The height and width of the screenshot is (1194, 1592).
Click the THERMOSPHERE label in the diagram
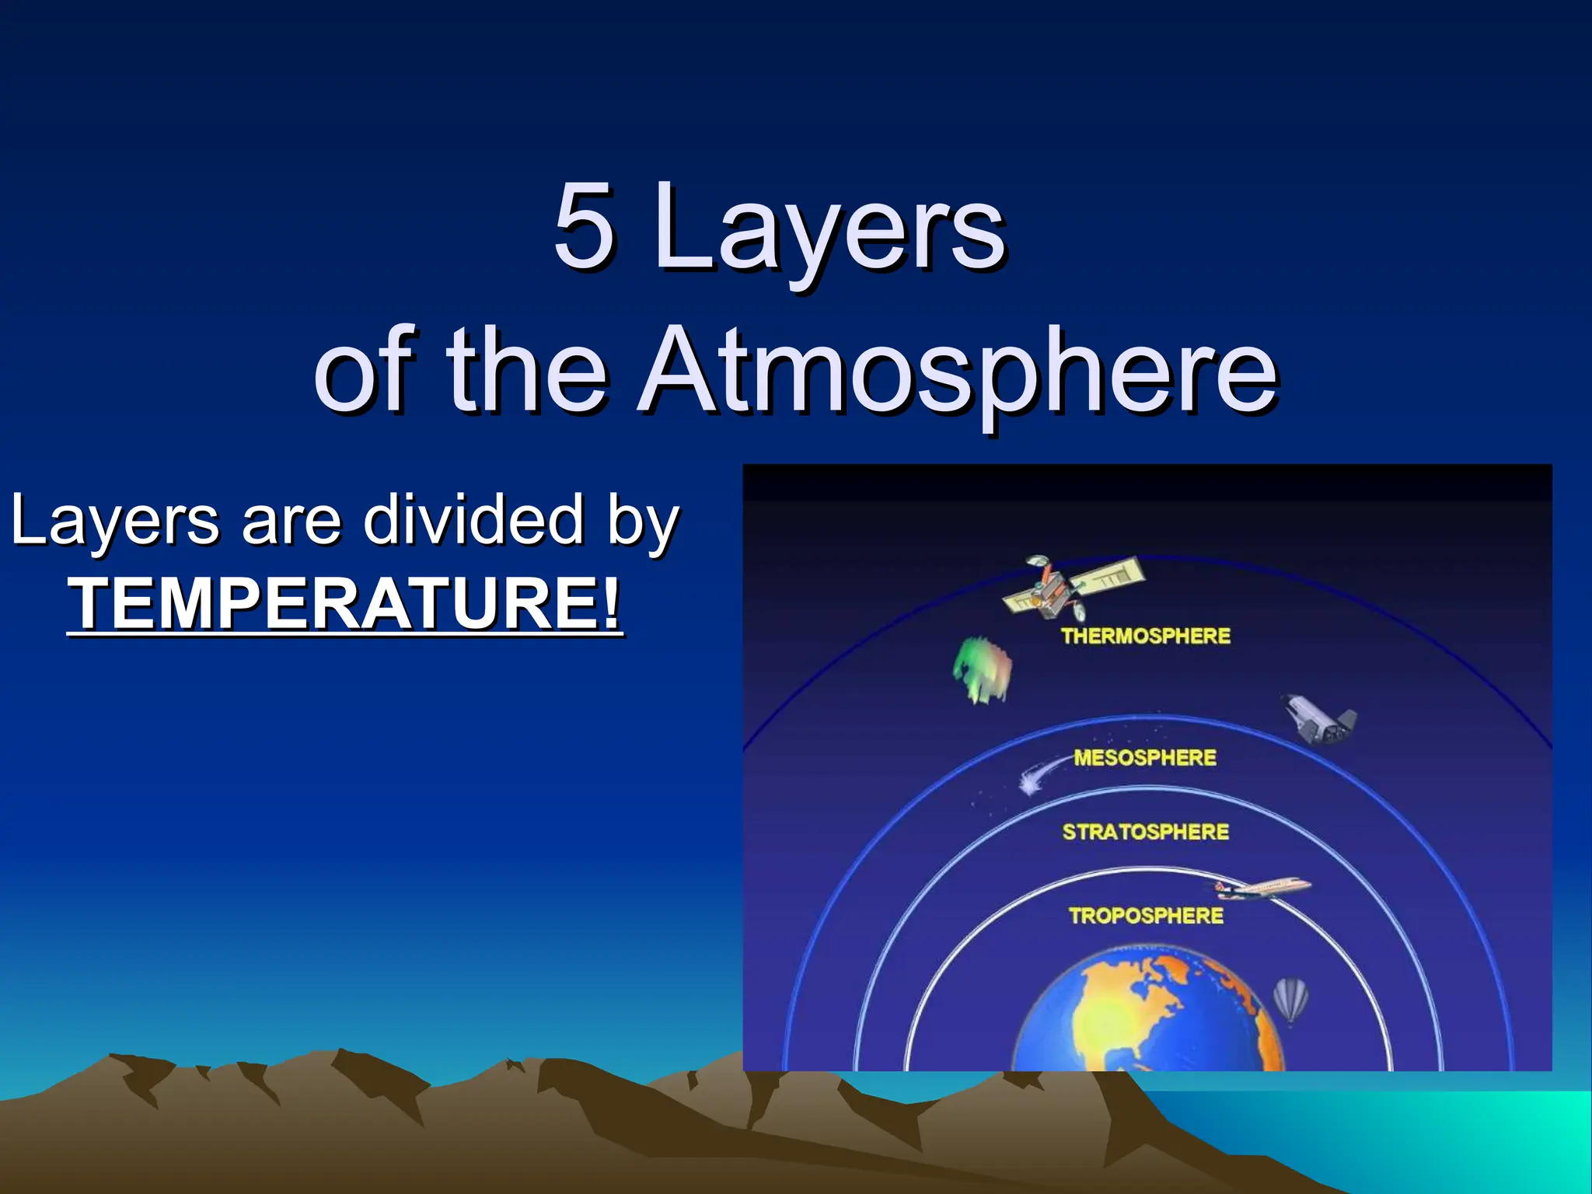(x=1145, y=636)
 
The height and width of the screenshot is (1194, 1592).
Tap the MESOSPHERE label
(x=1144, y=757)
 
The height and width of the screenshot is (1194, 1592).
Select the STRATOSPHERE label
(x=1145, y=832)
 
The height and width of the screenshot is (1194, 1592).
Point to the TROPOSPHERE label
(x=1145, y=916)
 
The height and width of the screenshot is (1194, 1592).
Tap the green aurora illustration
(x=983, y=670)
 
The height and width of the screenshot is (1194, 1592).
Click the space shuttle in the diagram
(x=1318, y=720)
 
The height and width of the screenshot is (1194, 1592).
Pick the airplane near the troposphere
(x=1263, y=889)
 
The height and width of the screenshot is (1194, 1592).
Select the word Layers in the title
(x=828, y=229)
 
